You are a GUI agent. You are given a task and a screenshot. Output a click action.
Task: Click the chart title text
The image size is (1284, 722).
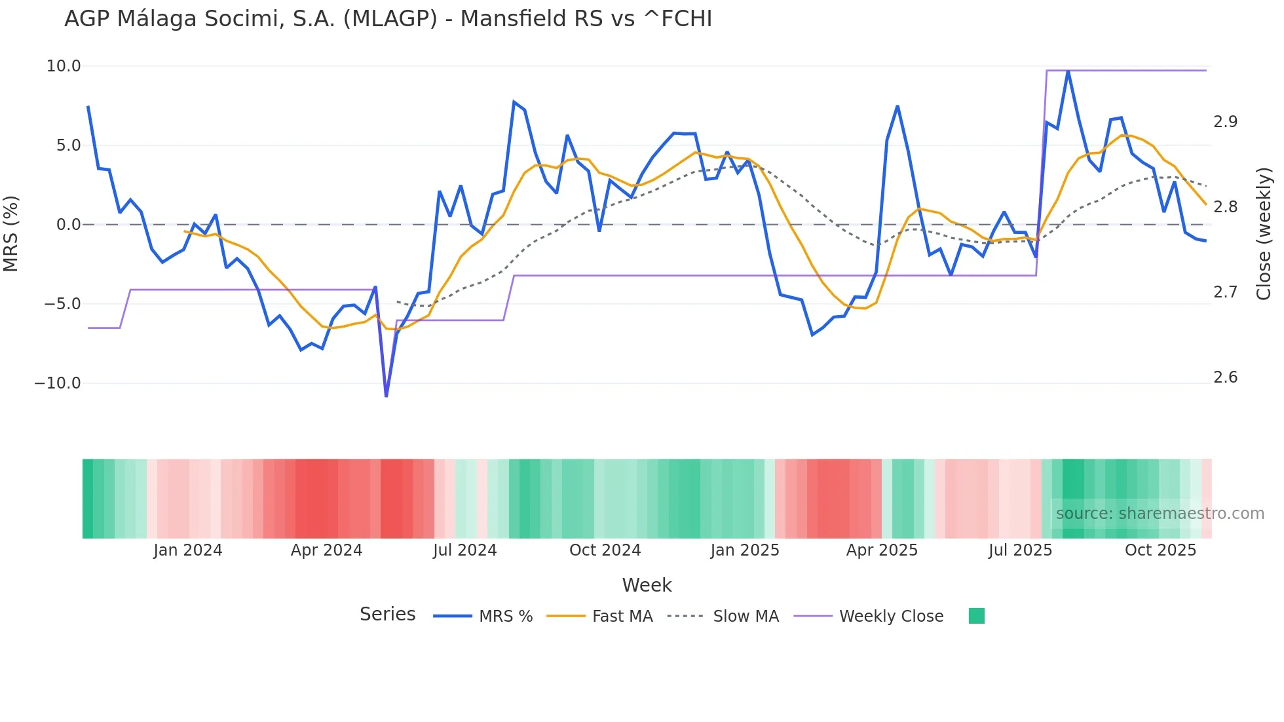tap(388, 19)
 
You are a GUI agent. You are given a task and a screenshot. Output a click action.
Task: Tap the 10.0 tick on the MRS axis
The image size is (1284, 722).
tap(64, 66)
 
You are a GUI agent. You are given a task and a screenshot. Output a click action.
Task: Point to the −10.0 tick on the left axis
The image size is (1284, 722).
tap(58, 383)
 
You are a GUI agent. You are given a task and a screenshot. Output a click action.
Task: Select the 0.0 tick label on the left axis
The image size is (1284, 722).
tap(68, 225)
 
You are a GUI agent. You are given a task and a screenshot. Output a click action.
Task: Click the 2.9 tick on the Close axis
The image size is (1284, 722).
tap(1225, 122)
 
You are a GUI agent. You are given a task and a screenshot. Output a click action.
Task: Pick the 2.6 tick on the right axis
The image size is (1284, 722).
tap(1225, 377)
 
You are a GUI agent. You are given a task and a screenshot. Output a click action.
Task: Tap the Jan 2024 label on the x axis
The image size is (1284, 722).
tap(188, 550)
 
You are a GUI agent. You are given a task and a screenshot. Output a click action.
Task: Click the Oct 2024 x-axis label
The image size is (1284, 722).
tap(605, 550)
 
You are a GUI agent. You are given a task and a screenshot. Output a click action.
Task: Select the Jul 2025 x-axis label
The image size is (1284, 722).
tap(1020, 550)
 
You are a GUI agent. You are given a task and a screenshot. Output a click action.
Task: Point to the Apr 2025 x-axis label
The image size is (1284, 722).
tap(882, 550)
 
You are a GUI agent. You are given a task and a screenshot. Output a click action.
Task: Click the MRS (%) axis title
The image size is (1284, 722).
tap(11, 233)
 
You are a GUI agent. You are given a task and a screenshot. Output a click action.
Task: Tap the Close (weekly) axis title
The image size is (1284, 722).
tap(1264, 233)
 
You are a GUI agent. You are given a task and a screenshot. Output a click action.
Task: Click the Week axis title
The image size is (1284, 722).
tap(647, 585)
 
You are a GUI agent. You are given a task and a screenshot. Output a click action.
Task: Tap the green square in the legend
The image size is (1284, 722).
tap(976, 616)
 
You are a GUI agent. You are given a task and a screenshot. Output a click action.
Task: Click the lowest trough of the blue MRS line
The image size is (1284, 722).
tap(386, 396)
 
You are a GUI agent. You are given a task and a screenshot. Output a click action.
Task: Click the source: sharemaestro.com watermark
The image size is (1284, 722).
tap(1160, 514)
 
